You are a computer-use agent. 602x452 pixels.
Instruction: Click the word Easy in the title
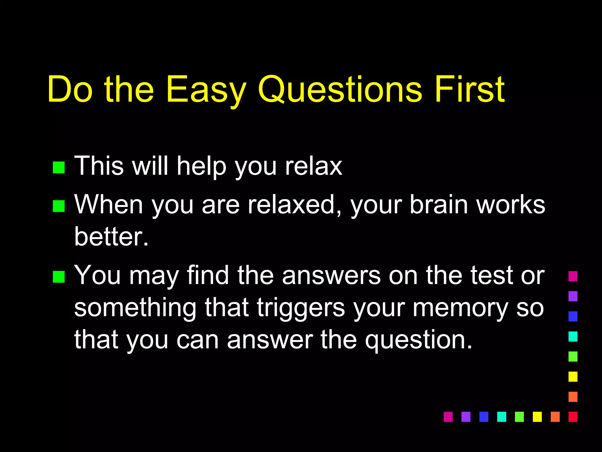(206, 90)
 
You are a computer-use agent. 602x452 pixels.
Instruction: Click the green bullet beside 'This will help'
(58, 167)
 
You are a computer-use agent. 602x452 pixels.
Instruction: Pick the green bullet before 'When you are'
(58, 206)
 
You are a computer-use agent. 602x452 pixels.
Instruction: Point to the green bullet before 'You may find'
(58, 277)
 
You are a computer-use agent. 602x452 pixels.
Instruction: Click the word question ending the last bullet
(419, 341)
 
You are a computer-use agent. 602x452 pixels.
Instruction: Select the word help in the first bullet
(202, 167)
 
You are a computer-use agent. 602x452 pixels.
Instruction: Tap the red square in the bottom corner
(573, 417)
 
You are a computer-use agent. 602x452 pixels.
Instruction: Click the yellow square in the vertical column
(573, 377)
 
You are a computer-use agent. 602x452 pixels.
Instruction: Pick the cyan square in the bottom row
(501, 417)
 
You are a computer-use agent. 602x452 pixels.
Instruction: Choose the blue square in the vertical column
(573, 316)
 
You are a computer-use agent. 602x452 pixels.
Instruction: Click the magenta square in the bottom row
(448, 417)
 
